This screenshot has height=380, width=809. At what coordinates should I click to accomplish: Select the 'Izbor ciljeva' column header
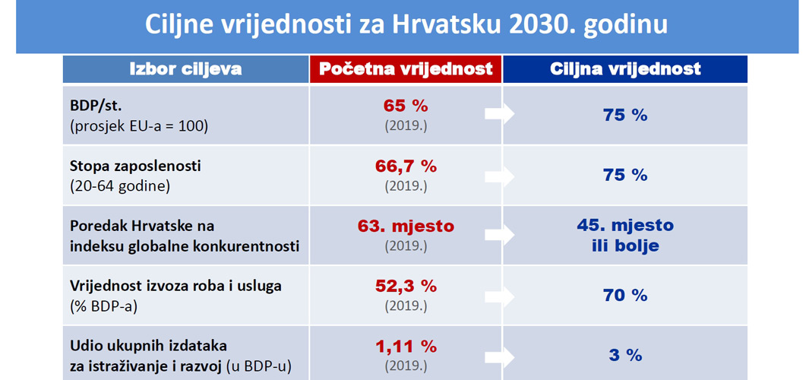185,69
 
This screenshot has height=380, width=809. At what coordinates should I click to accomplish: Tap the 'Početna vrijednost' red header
406,69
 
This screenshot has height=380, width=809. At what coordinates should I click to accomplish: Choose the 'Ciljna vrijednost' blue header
625,69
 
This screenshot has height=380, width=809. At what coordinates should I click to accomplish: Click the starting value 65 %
406,106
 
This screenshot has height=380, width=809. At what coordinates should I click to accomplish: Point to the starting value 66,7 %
406,166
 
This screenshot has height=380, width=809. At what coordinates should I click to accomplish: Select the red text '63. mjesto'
406,226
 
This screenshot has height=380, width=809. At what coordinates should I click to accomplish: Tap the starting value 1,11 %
406,347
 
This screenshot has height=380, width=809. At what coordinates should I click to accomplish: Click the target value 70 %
625,296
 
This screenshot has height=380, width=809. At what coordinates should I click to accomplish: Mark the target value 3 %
625,356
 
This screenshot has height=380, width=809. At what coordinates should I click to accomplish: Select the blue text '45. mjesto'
625,226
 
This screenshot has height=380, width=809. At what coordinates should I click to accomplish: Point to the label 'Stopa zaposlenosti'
135,166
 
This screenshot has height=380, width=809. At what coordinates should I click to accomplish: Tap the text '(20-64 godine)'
120,185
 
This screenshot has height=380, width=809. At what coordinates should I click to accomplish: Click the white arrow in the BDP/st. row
499,114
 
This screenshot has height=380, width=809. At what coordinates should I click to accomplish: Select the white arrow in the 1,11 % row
499,356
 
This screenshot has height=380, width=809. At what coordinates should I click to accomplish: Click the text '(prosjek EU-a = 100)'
139,125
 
